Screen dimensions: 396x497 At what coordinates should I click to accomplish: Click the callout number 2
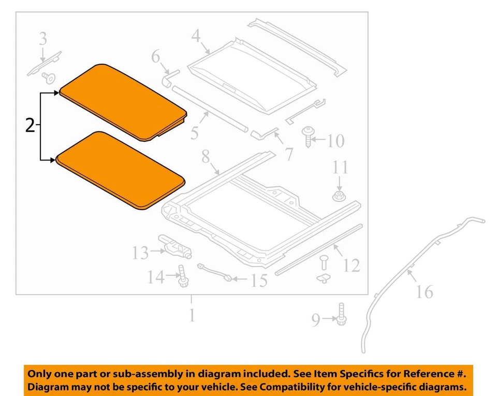(31, 125)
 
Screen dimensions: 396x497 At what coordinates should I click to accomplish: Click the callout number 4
(196, 36)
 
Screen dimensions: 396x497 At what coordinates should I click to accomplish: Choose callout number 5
(194, 133)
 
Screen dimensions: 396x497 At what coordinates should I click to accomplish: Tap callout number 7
(288, 153)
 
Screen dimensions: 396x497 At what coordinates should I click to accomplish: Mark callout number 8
(206, 155)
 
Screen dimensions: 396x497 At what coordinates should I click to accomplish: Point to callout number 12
(351, 266)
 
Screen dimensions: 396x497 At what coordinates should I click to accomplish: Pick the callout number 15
(258, 281)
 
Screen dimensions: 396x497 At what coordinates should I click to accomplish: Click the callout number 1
(192, 314)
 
